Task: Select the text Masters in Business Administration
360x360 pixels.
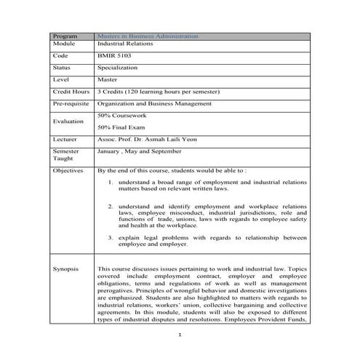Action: [x=147, y=36]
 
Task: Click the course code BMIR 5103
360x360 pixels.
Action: [x=113, y=55]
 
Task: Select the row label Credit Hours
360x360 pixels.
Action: [x=71, y=92]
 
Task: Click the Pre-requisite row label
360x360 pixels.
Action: [x=71, y=104]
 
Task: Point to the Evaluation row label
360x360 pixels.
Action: [x=68, y=121]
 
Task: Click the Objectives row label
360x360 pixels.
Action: [x=68, y=169]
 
